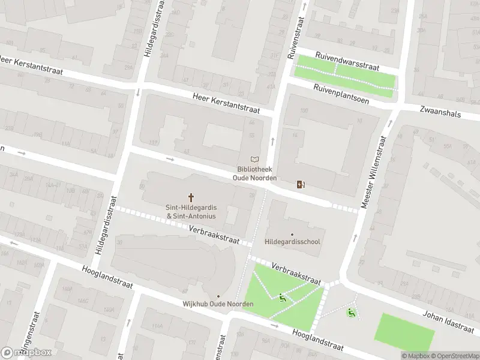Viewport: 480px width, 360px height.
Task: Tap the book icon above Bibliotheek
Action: tap(255, 159)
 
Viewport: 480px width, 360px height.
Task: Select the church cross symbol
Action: tap(191, 197)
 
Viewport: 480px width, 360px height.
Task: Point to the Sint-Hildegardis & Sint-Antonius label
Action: tap(191, 211)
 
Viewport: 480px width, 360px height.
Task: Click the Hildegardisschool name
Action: tap(292, 242)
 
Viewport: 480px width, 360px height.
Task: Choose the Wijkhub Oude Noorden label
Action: tap(218, 304)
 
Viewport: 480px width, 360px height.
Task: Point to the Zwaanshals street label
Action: tap(441, 112)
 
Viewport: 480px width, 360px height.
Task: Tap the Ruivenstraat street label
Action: tap(294, 38)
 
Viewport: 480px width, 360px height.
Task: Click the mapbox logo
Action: tap(26, 352)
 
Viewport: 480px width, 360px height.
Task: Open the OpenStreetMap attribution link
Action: tap(455, 356)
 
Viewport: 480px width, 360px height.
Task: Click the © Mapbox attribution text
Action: tap(416, 356)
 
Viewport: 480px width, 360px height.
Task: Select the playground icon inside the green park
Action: tap(283, 296)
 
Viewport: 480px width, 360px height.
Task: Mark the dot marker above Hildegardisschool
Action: tap(292, 234)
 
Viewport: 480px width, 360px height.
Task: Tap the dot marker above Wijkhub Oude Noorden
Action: tap(218, 296)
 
